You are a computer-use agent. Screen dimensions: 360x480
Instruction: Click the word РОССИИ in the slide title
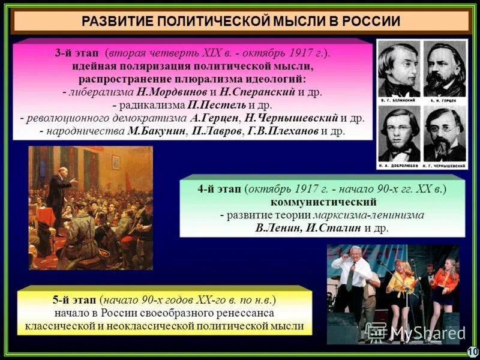pyautogui.click(x=371, y=21)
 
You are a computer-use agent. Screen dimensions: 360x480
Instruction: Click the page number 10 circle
pyautogui.click(x=472, y=351)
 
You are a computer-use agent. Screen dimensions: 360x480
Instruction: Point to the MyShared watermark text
pyautogui.click(x=420, y=332)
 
